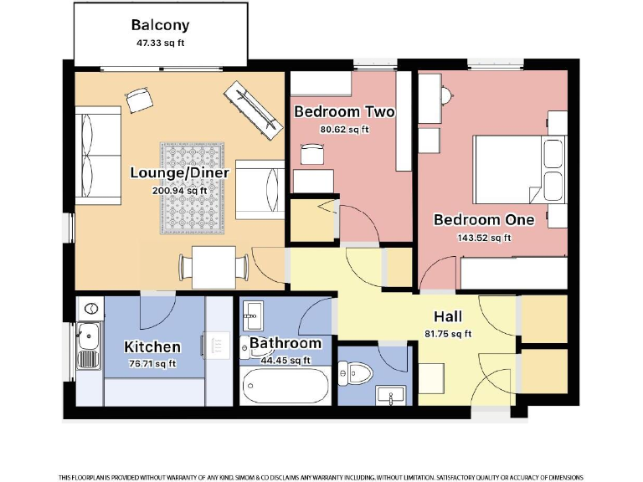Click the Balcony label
pos(160,25)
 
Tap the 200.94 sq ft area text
pos(179,190)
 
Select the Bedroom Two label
pos(344,112)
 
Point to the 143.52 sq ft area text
pos(482,238)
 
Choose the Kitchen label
pos(152,346)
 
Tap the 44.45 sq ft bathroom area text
pos(285,361)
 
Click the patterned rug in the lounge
pos(194,187)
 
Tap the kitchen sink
pos(87,339)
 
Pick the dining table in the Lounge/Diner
pos(213,265)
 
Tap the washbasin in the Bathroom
pos(254,317)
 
